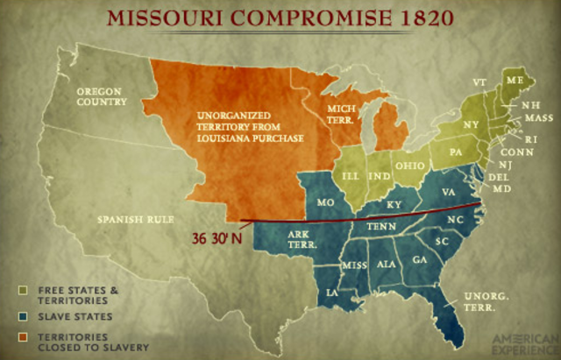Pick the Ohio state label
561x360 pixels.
click(x=411, y=166)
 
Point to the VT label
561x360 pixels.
click(x=479, y=82)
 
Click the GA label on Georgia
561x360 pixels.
click(x=419, y=260)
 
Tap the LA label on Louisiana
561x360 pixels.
click(x=332, y=292)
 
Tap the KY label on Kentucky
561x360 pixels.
click(x=378, y=204)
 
